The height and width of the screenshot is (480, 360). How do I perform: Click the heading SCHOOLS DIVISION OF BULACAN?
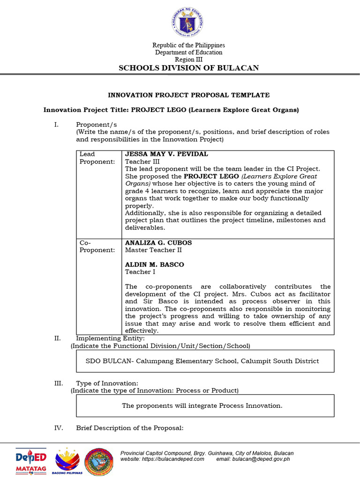(188, 68)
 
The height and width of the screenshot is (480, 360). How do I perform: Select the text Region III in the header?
(188, 60)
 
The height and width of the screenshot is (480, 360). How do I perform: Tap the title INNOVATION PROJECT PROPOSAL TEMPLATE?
(188, 95)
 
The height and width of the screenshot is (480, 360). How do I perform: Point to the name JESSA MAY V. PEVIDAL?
(166, 154)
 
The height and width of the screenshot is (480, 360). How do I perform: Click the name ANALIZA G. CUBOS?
(158, 243)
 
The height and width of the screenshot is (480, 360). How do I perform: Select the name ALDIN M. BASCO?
(154, 264)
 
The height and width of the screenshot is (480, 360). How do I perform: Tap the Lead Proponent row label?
(97, 158)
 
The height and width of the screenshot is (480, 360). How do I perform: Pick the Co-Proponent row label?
(97, 247)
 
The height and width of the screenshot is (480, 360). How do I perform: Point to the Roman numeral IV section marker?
(58, 428)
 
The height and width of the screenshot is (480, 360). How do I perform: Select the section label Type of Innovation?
(107, 383)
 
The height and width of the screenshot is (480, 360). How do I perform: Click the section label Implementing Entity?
(110, 338)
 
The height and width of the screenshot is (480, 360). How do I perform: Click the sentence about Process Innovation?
(202, 405)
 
